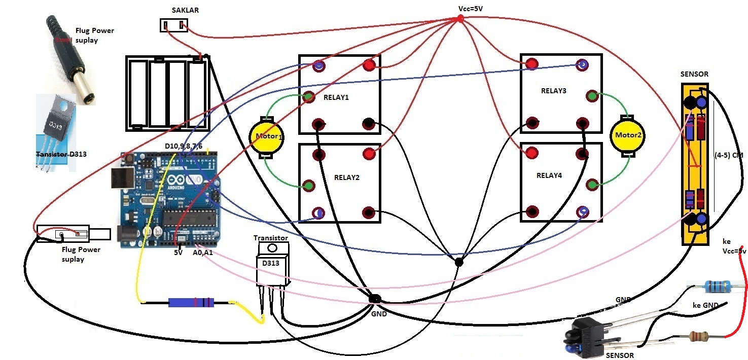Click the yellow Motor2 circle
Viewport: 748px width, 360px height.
(628, 135)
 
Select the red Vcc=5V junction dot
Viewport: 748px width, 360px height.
(460, 19)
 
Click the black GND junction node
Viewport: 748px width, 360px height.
(375, 299)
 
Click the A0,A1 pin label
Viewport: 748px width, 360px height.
(203, 252)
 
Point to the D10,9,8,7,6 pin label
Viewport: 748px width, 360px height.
(184, 146)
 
